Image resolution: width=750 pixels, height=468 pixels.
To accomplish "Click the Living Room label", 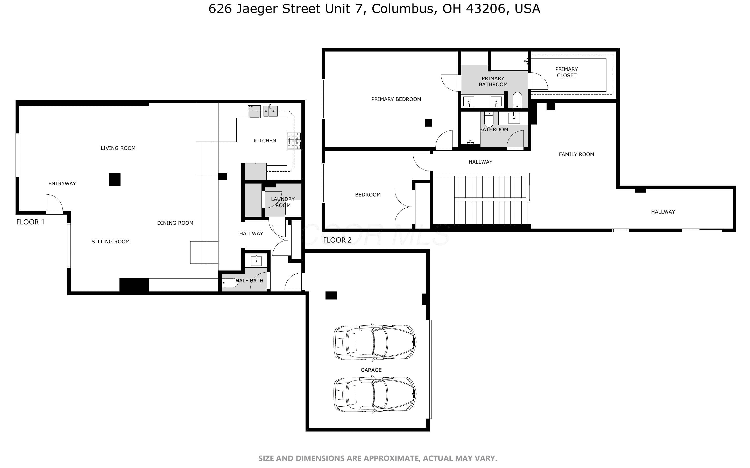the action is click(x=118, y=148).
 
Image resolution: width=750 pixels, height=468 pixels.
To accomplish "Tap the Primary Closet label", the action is click(x=567, y=72).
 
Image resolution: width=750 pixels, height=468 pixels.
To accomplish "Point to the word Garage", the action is click(x=371, y=370).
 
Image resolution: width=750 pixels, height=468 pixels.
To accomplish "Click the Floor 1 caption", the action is click(x=30, y=222).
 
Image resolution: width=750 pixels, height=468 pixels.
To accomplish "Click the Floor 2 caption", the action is click(x=337, y=240).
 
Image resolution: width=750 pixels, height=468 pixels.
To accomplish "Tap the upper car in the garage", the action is click(x=375, y=343).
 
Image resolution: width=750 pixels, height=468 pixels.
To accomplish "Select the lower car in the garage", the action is click(x=375, y=395).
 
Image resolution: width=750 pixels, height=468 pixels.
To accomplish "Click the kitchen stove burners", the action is click(x=294, y=141).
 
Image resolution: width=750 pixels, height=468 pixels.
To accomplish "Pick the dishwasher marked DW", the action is click(x=254, y=111).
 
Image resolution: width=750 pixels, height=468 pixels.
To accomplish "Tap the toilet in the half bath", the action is click(x=230, y=283).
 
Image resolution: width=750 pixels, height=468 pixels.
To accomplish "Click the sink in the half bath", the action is click(x=256, y=261).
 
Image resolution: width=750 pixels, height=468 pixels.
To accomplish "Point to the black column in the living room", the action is click(x=115, y=179).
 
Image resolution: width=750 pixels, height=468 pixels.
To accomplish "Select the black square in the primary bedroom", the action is click(x=429, y=123).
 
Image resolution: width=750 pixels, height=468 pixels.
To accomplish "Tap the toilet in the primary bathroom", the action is click(x=517, y=100).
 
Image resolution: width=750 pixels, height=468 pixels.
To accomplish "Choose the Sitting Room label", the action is click(x=111, y=242).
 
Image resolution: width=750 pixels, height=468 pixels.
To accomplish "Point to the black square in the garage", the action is click(x=331, y=296).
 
